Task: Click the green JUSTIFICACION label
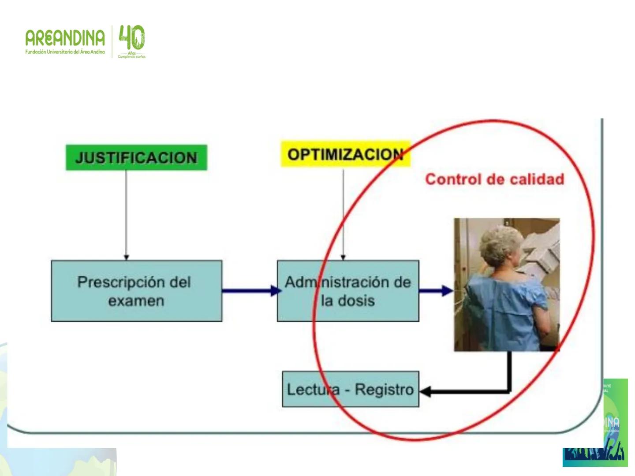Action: click(136, 157)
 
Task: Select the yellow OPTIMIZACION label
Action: click(345, 154)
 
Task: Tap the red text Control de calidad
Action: click(494, 179)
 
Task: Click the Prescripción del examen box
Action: click(136, 291)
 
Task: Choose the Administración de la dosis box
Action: click(347, 291)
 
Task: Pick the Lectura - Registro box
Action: click(350, 389)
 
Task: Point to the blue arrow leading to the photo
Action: click(436, 290)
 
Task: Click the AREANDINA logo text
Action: click(65, 38)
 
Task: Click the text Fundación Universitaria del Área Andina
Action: click(65, 52)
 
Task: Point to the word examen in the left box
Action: click(136, 301)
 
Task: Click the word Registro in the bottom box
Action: click(384, 390)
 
